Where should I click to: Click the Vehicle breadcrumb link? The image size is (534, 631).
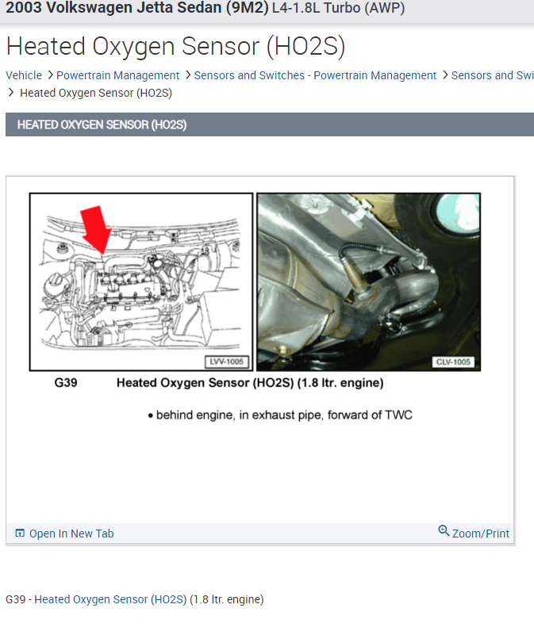[x=24, y=75]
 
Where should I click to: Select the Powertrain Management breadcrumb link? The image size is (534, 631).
[x=117, y=75]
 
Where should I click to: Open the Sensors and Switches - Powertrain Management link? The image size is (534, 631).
[x=315, y=75]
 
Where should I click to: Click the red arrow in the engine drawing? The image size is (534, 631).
[x=96, y=230]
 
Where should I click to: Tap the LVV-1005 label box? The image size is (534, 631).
[x=227, y=361]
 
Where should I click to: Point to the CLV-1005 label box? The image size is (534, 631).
[x=453, y=361]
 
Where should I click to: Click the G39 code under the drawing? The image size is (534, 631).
[x=66, y=382]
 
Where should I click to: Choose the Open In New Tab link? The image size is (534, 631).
[x=71, y=533]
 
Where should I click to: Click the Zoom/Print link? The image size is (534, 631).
[x=480, y=533]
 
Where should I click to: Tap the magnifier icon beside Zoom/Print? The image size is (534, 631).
[x=444, y=531]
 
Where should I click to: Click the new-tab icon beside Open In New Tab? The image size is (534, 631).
[x=20, y=533]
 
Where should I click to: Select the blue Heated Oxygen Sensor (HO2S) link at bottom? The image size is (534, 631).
[x=110, y=599]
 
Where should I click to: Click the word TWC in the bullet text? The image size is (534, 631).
[x=398, y=415]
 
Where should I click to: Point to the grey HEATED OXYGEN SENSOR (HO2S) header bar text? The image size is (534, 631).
[x=102, y=124]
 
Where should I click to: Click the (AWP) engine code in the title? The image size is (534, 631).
[x=384, y=8]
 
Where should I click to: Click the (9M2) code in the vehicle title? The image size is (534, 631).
[x=247, y=8]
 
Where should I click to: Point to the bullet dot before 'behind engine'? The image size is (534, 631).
[x=150, y=415]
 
